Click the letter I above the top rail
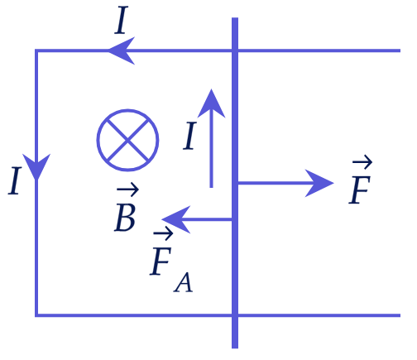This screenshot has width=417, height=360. point(122,20)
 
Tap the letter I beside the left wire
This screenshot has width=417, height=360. point(15,180)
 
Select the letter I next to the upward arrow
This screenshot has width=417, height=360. point(189,136)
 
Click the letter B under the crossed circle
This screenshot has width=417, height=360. point(125,217)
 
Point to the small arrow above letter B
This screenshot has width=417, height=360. point(127,190)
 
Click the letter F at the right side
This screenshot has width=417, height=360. point(359,190)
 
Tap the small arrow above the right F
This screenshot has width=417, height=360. point(362,162)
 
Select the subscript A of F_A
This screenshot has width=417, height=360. point(183,282)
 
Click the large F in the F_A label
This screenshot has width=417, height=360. point(161,262)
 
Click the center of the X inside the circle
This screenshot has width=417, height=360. point(127,140)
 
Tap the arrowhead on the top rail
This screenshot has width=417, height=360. point(121,50)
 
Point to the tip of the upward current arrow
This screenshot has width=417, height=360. point(212,89)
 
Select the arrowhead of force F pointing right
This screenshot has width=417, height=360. point(319,183)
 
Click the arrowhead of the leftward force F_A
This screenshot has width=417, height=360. point(176,219)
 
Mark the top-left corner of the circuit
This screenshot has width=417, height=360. point(36,50)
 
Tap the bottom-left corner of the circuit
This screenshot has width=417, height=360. point(36,315)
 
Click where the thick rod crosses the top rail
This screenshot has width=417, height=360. point(235,50)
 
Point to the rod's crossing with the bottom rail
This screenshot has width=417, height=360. point(235,315)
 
